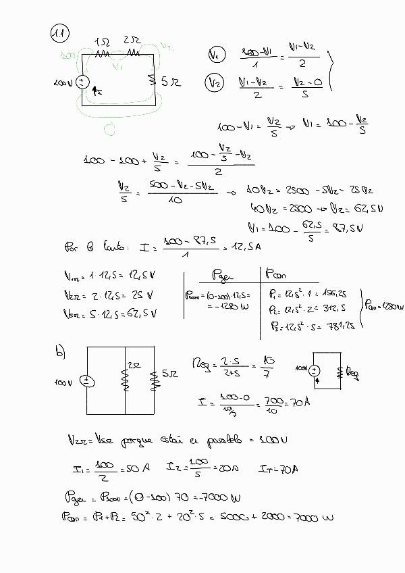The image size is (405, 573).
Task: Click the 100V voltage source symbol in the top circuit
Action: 82,82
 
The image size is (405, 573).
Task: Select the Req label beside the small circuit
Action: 352,372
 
